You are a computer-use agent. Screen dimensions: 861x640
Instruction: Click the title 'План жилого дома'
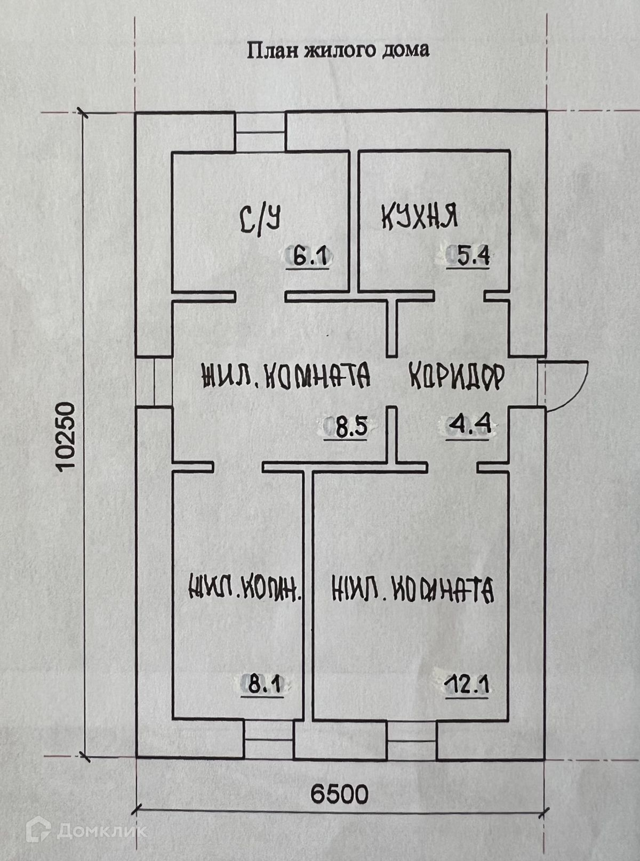337,51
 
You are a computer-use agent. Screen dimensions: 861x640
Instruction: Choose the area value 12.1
468,684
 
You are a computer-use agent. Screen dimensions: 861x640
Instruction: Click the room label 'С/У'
260,219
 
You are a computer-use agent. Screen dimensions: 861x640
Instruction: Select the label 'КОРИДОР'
456,377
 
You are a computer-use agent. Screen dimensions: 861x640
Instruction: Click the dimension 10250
66,436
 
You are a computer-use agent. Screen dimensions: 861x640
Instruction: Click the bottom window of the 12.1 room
411,741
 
